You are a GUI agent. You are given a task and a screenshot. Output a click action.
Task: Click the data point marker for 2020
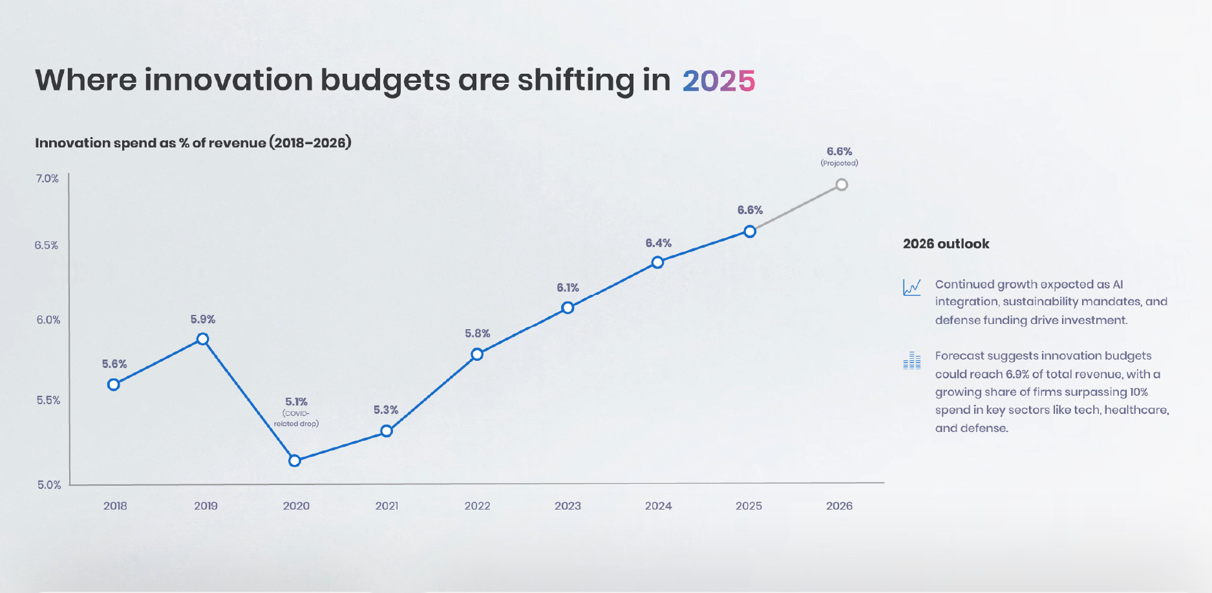tap(295, 460)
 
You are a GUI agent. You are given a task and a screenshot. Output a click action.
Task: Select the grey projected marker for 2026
tap(842, 185)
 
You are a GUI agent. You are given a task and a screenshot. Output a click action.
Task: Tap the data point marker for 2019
tap(202, 339)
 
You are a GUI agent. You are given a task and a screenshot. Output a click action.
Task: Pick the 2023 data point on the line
tap(568, 308)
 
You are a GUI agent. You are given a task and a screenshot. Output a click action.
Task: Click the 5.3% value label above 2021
tap(386, 410)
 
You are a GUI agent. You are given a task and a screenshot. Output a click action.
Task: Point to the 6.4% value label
tap(658, 243)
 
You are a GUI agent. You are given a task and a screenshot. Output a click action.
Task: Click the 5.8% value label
tap(477, 334)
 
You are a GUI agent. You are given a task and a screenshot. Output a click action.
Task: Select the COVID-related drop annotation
tap(296, 418)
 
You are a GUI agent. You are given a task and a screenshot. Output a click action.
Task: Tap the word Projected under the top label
tap(839, 163)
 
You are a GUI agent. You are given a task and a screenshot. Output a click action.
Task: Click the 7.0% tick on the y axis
tap(47, 178)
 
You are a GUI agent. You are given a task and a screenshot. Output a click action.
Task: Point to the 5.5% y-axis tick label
tap(48, 400)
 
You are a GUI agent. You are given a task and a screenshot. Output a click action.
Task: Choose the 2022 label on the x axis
tap(477, 506)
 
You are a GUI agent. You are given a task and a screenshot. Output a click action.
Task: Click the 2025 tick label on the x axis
tap(749, 506)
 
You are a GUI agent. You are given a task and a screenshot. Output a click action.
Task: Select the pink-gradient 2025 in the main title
tap(718, 81)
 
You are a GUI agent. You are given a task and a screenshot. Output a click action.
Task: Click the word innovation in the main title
tap(228, 80)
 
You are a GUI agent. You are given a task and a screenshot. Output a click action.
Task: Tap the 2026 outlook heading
tap(946, 244)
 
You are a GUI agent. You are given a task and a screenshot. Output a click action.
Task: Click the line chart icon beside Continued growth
tap(911, 287)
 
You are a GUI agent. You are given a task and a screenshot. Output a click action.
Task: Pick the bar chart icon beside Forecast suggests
tap(911, 360)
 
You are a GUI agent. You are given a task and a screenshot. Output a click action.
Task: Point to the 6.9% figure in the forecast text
tap(1017, 374)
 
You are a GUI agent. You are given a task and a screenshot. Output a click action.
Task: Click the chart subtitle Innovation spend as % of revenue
tap(193, 143)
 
